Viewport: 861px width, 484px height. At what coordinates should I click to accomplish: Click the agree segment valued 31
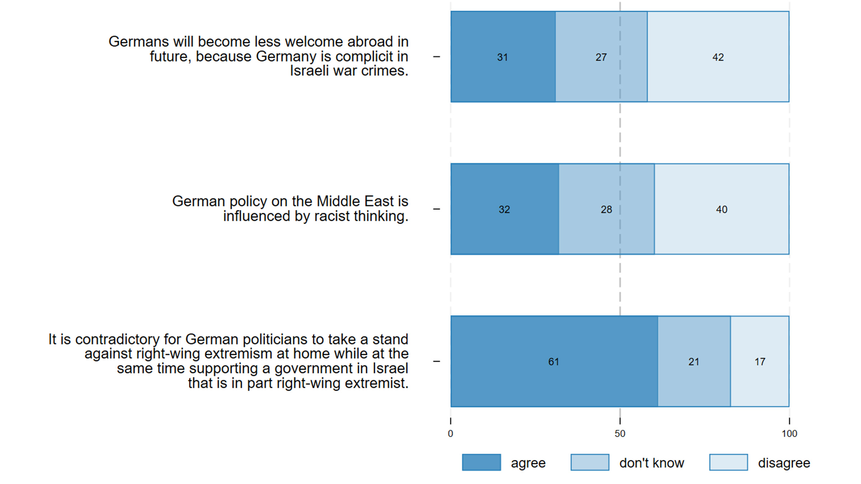click(503, 57)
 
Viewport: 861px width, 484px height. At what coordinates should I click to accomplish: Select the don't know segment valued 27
click(601, 57)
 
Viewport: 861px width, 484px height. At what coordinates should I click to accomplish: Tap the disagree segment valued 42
click(718, 57)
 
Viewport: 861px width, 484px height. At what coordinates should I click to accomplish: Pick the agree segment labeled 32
click(504, 209)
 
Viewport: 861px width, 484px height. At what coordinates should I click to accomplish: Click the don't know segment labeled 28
click(606, 209)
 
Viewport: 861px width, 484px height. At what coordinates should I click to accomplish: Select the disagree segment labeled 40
click(721, 209)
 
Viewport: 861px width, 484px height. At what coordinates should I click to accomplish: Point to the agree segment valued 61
click(554, 361)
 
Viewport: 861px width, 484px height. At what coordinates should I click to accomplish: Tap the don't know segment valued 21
click(694, 361)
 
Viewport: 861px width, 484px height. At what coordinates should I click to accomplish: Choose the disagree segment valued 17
click(760, 361)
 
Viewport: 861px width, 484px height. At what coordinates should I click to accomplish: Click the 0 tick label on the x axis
click(451, 434)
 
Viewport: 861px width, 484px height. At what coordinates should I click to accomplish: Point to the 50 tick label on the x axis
click(620, 434)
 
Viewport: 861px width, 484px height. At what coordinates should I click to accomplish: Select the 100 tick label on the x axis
click(789, 434)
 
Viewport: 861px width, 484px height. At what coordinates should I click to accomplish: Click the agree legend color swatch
click(481, 462)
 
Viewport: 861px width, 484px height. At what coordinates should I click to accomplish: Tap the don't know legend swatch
click(590, 462)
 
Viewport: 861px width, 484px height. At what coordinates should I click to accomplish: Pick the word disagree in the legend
click(784, 463)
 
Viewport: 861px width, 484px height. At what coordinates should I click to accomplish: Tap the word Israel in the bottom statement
click(390, 369)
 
